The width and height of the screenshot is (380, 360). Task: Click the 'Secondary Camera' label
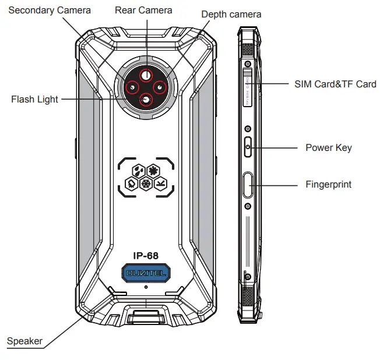[x=50, y=10]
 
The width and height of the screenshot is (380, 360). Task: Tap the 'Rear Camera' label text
[x=143, y=10]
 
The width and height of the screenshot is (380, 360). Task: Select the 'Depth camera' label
[x=231, y=14]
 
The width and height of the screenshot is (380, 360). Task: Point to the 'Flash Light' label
[x=34, y=99]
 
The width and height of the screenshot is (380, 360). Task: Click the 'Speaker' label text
[x=24, y=341]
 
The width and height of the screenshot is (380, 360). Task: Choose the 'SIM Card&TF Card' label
[x=335, y=84]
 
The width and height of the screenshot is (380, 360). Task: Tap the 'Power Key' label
[x=328, y=147]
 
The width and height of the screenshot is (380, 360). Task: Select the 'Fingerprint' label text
[x=328, y=185]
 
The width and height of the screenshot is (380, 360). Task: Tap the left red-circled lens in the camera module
[x=132, y=88]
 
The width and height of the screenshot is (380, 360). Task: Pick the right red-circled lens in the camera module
[x=158, y=88]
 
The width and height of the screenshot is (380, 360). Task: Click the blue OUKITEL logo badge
[x=146, y=272]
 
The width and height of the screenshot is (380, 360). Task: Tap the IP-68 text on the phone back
[x=145, y=255]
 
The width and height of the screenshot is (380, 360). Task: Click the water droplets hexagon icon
[x=138, y=171]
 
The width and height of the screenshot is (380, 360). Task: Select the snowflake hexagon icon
[x=146, y=183]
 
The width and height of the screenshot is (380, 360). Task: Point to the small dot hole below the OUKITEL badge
[x=146, y=286]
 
